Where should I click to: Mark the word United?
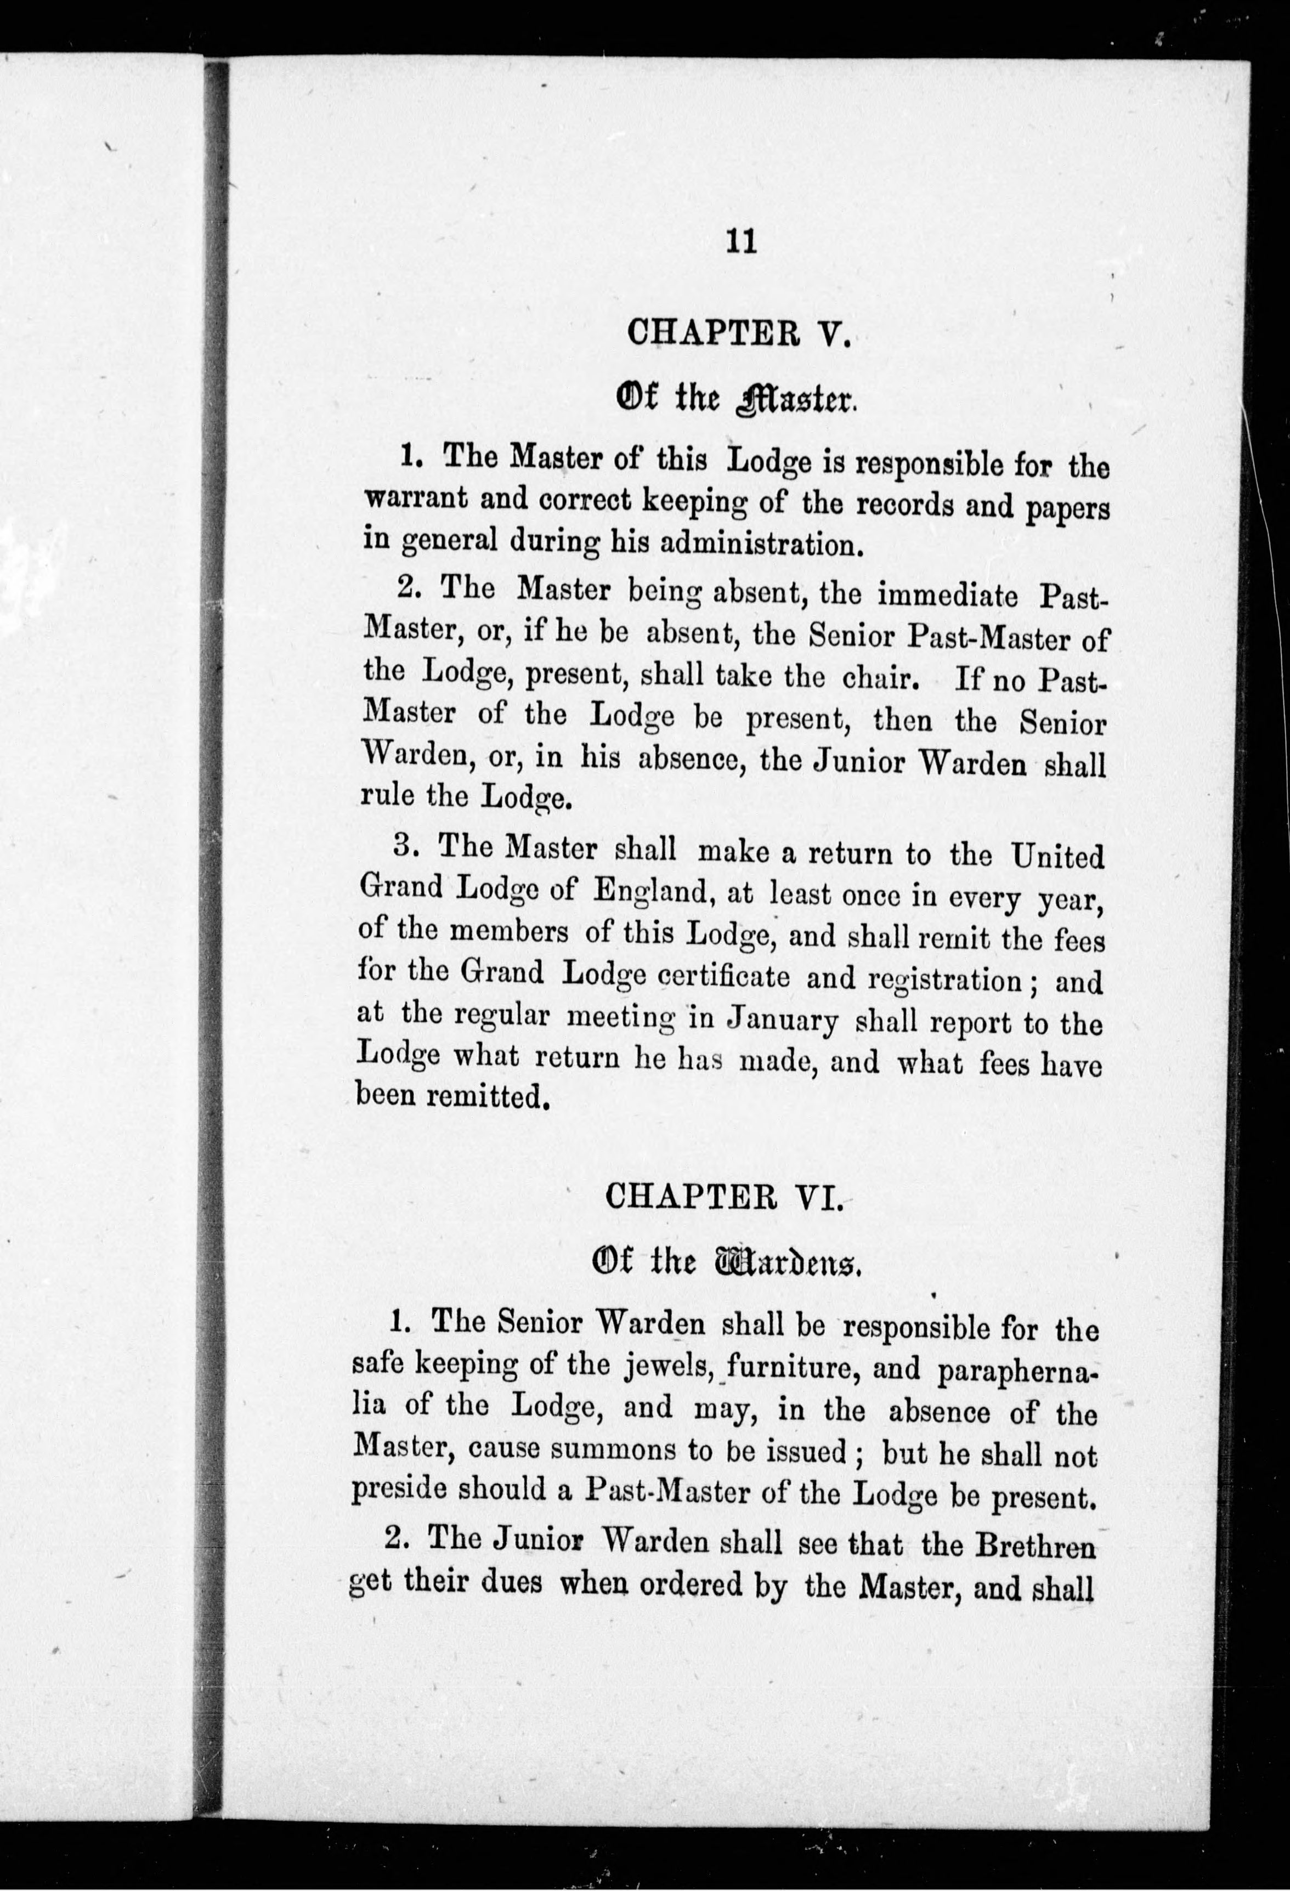coord(1058,857)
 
